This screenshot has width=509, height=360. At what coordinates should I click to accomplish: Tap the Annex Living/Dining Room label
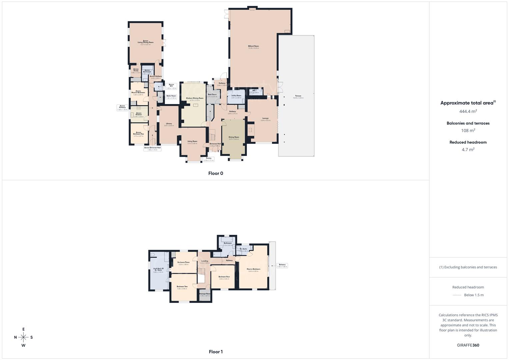146,42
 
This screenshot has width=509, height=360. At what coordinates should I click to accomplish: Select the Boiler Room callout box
171,97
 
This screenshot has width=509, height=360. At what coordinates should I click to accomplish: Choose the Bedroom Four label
224,277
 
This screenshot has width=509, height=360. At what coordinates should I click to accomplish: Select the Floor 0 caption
216,173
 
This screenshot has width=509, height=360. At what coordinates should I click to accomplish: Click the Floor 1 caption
216,352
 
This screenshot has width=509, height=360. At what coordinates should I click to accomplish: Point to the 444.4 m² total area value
468,111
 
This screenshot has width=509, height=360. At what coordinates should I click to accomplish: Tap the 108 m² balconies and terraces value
468,131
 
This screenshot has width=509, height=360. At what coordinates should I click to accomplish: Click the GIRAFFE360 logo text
468,345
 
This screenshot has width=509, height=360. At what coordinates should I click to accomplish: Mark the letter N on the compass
15,337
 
